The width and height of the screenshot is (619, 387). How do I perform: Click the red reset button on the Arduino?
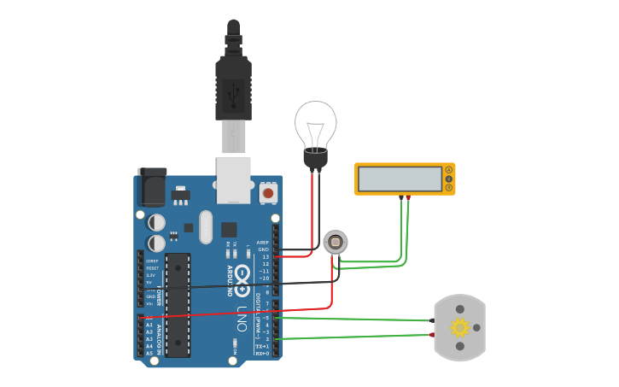click(x=268, y=193)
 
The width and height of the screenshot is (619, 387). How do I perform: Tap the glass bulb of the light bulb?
click(x=316, y=124)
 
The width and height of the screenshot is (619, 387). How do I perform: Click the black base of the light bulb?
click(x=316, y=158)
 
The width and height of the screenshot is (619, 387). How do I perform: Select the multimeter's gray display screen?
click(x=400, y=179)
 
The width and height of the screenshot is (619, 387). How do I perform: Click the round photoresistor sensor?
click(x=336, y=243)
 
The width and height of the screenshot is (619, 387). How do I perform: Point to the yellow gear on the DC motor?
click(x=459, y=327)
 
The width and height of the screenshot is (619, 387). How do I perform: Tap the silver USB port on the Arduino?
click(x=233, y=179)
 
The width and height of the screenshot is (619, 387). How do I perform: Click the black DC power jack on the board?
click(x=152, y=187)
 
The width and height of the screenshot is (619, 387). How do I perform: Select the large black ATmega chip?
click(x=178, y=304)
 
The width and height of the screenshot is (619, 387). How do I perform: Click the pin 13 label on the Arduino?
click(x=265, y=256)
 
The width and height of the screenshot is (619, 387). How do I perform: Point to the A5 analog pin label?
click(x=149, y=353)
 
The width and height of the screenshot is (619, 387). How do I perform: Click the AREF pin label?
click(x=262, y=243)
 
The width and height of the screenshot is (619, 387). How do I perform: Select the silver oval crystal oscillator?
click(x=205, y=226)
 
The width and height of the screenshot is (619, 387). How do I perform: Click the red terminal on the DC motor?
click(x=432, y=335)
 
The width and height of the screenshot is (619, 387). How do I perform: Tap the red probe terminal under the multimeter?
click(x=408, y=198)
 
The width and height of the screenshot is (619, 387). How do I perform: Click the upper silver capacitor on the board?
click(x=157, y=222)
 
